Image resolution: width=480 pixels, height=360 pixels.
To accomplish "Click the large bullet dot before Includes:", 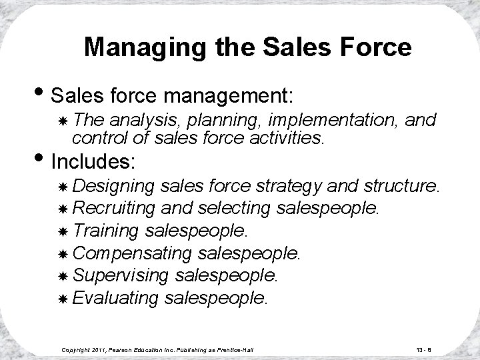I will point(43,161).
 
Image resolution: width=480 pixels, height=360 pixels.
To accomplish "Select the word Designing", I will point(113,185).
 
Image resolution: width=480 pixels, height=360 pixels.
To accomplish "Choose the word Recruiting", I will point(114,207).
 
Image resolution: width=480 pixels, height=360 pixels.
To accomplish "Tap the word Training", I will point(105,231).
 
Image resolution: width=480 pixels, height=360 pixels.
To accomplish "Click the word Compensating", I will point(131,253).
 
